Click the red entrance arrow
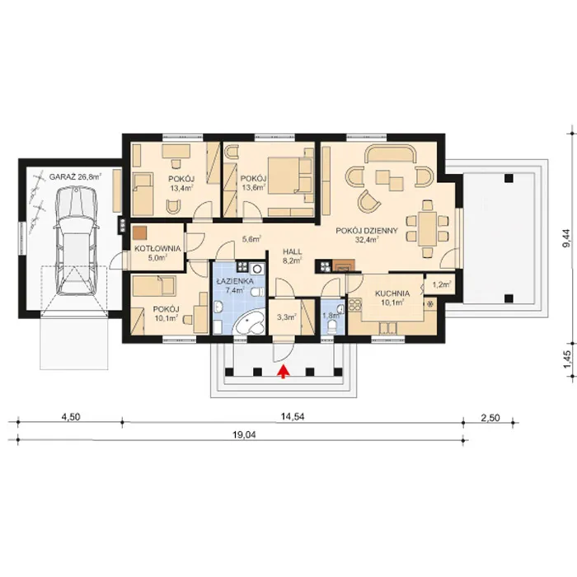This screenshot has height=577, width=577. pyautogui.click(x=283, y=371)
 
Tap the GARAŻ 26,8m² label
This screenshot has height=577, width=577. pyautogui.click(x=75, y=176)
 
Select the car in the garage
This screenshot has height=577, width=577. pyautogui.click(x=77, y=241)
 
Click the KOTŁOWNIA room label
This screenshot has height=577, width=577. pyautogui.click(x=157, y=248)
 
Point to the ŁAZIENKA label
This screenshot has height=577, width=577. pyautogui.click(x=235, y=281)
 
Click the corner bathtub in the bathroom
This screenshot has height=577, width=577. pyautogui.click(x=250, y=323)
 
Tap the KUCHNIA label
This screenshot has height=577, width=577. pyautogui.click(x=392, y=293)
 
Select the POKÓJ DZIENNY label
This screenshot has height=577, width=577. pyautogui.click(x=367, y=231)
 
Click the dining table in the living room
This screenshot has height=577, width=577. pyautogui.click(x=427, y=229)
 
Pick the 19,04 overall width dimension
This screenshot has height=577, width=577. pyautogui.click(x=244, y=435)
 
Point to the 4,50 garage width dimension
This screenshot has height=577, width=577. pyautogui.click(x=71, y=417)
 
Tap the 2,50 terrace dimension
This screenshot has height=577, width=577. pyautogui.click(x=490, y=418)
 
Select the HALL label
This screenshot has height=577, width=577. pyautogui.click(x=293, y=252)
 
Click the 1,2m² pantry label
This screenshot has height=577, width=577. pyautogui.click(x=442, y=284)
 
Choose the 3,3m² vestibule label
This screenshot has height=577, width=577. pyautogui.click(x=287, y=317)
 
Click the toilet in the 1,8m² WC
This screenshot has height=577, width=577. pyautogui.click(x=332, y=326)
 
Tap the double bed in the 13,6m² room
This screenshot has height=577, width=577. pyautogui.click(x=291, y=175)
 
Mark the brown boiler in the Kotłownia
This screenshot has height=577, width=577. pyautogui.click(x=140, y=232)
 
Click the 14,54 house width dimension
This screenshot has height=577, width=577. pyautogui.click(x=293, y=417)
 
